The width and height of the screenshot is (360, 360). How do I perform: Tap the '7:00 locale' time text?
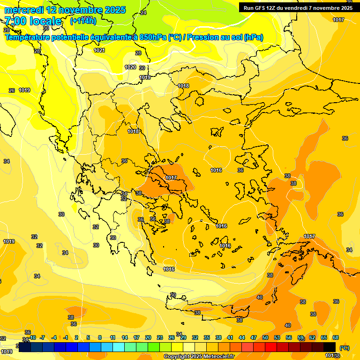(33, 21)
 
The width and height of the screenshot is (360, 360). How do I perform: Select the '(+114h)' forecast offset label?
(83, 21)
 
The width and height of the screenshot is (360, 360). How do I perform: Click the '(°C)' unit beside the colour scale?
(344, 347)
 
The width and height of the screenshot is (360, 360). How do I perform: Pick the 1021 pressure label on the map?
(99, 50)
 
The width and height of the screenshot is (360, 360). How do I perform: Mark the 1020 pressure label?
(130, 67)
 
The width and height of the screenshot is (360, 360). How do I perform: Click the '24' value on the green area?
(143, 13)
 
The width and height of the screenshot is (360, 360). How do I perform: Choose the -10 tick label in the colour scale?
(32, 337)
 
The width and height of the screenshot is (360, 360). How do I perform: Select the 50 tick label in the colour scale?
(265, 337)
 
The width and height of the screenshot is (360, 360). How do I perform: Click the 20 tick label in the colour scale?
(148, 337)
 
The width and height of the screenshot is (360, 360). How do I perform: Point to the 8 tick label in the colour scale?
(100, 337)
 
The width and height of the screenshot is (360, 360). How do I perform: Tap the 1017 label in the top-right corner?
(338, 20)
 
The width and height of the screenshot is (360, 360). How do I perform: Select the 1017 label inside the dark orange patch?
(171, 178)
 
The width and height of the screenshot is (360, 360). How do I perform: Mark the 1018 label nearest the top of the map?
(183, 86)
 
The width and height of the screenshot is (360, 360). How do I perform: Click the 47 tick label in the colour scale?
(254, 337)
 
